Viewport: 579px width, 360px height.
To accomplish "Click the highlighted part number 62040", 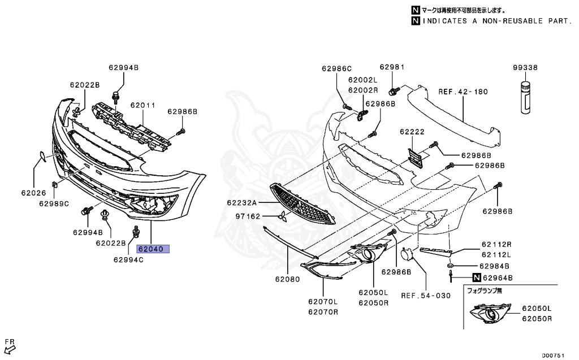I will point(152,248).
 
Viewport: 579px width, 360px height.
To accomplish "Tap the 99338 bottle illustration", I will point(525,97).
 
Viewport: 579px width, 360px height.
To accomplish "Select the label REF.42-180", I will point(463,92).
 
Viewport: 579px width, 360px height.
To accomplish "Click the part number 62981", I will point(392,67).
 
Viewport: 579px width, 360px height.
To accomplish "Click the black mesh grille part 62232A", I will point(303,203).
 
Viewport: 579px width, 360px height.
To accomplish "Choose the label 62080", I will point(287,279).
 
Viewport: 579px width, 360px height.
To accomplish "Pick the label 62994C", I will point(128,260).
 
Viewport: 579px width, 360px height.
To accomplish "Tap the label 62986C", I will point(337,68).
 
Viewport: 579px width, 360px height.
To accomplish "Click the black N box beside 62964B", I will point(477,277).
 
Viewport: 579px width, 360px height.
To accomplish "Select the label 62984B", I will point(494,266).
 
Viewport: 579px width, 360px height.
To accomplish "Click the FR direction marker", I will point(10,344).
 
